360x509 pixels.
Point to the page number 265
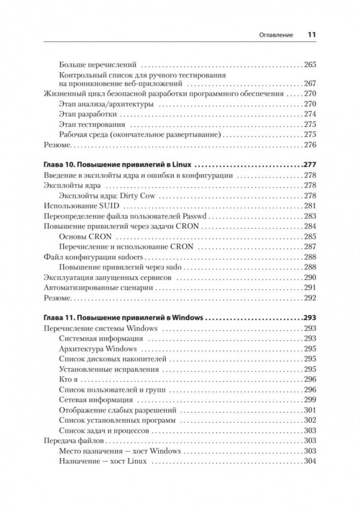click(310, 65)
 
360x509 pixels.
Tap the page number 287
click(310, 247)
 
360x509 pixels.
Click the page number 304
click(310, 461)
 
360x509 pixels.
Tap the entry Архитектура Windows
click(98, 349)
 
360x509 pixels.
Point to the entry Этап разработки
click(87, 114)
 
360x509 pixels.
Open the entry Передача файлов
click(74, 440)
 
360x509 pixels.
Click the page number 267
click(310, 83)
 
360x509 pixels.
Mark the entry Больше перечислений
click(98, 65)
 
